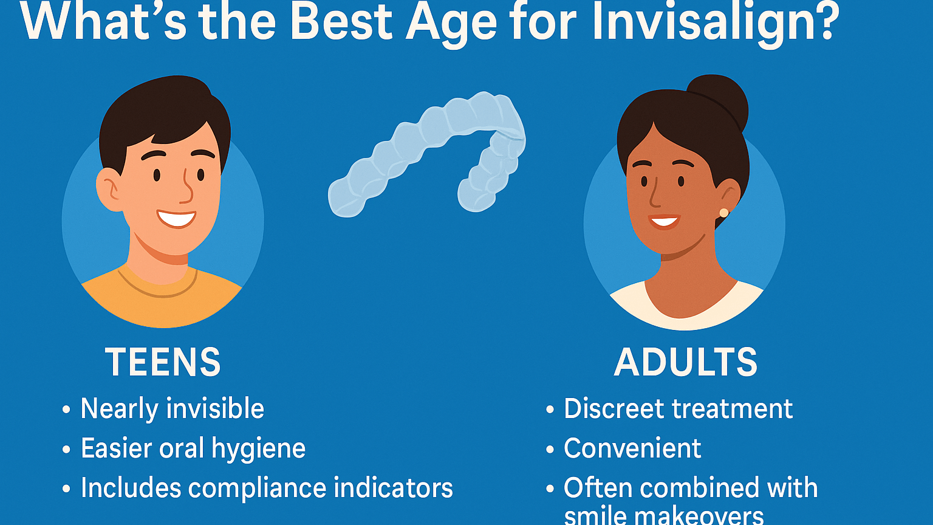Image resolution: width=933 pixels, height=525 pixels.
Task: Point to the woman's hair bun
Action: coord(719,100)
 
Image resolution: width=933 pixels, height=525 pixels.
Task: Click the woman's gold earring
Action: coord(724,213)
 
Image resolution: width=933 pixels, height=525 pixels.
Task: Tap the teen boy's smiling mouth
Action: coord(176,218)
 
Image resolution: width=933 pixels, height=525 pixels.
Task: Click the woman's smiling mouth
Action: coord(664,221)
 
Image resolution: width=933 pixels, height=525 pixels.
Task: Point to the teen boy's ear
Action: coord(109,190)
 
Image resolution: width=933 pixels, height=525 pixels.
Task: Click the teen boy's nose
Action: coord(188,188)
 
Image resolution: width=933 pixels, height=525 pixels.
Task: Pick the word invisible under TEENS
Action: coord(215,408)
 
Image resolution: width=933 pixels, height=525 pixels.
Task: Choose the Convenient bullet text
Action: coord(632,448)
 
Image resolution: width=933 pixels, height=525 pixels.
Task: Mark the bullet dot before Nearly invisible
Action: coord(66,409)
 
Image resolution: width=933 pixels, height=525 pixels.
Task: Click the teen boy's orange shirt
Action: coord(162,300)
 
